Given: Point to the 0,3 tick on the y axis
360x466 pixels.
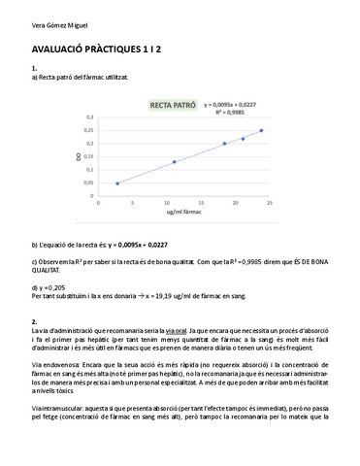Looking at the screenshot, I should point(91,116).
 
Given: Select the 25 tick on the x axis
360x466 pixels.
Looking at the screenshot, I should point(269,203).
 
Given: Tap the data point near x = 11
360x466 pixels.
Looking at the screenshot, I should point(174,161).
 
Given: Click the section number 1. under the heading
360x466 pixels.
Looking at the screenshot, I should point(35,68).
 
